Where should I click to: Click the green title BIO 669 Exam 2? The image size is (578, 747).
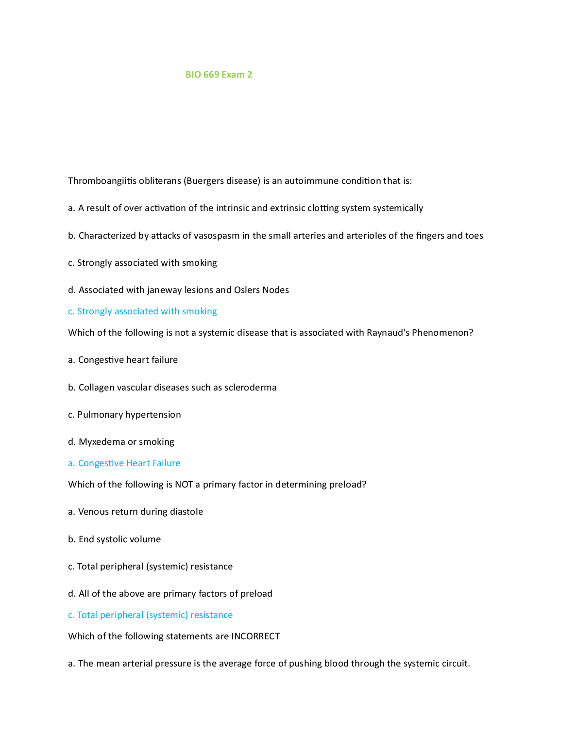click(219, 75)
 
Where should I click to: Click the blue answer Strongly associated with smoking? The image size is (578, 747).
click(142, 311)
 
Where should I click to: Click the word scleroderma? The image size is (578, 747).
click(250, 388)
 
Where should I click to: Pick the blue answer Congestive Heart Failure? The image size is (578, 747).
click(124, 463)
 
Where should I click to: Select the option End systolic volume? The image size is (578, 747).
click(115, 539)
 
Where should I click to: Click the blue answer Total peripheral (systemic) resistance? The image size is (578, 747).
click(150, 615)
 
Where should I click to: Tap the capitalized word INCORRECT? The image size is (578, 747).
click(255, 636)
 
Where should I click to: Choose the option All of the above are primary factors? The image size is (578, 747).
click(170, 594)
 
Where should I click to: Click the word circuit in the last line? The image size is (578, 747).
click(457, 664)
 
